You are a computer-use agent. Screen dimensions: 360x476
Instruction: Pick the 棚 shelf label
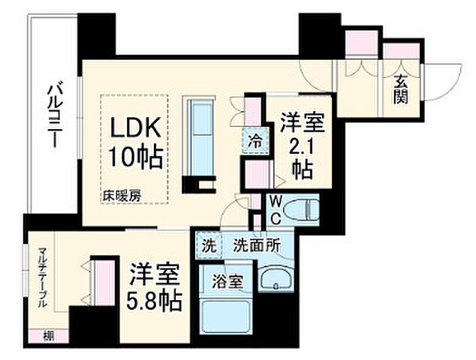pos(36,337)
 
